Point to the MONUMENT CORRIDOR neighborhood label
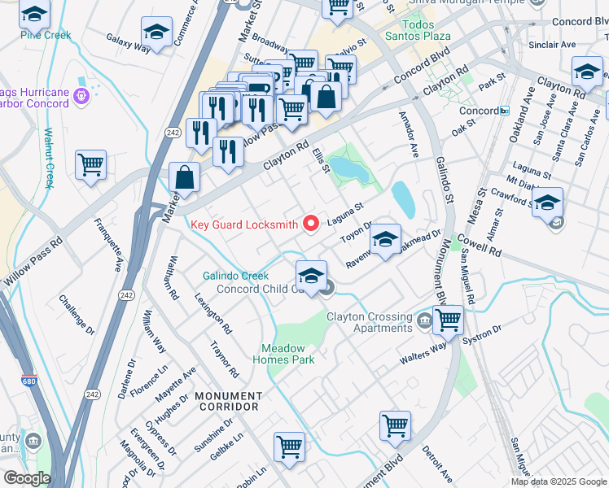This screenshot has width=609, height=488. (226, 401)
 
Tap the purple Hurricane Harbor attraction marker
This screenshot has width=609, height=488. (81, 97)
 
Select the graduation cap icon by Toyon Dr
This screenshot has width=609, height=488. (385, 238)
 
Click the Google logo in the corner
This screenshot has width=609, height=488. (27, 478)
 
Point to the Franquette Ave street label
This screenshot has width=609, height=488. (107, 245)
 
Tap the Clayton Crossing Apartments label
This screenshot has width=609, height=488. (370, 322)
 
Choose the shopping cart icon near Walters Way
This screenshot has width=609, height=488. (447, 320)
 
